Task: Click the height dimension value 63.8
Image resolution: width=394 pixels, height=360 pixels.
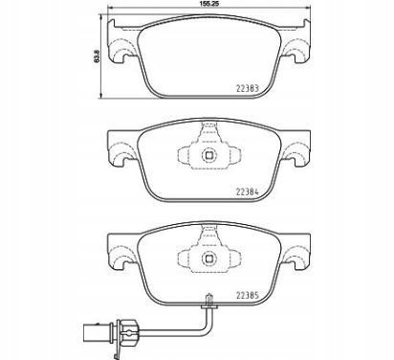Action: tap(97, 56)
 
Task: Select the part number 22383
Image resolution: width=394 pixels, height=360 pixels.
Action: tap(248, 88)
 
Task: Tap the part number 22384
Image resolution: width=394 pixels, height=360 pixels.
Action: tap(248, 192)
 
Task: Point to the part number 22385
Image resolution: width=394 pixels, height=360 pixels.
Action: tap(248, 296)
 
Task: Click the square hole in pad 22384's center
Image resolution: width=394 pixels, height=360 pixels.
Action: tap(209, 155)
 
